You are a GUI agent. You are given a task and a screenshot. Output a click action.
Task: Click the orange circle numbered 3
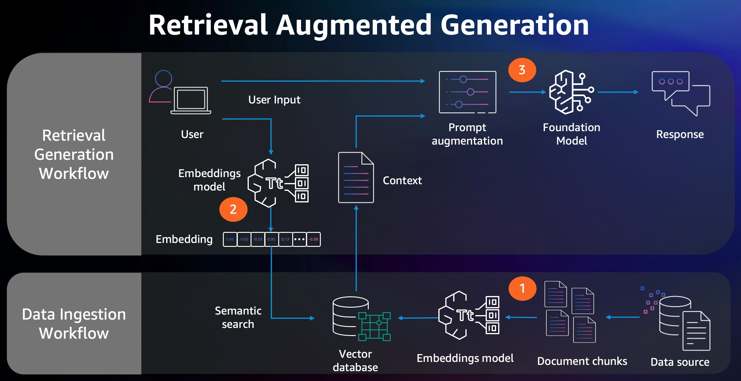tap(522, 70)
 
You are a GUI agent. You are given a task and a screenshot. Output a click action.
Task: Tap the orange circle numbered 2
tap(233, 209)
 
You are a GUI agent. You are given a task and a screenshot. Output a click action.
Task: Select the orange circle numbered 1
tap(522, 288)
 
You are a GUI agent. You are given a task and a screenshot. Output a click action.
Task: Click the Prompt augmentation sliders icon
tap(468, 92)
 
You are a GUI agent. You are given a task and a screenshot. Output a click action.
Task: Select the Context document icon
tap(356, 178)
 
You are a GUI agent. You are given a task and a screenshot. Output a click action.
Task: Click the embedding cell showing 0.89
tap(230, 239)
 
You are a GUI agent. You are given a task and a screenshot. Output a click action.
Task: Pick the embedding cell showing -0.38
tap(313, 239)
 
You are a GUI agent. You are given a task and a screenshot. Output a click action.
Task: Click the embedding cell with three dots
tap(299, 239)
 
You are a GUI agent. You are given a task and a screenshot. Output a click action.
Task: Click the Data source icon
tap(681, 322)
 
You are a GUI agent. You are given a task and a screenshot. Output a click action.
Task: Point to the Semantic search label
tap(238, 317)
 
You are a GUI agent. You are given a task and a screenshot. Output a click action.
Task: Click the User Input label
tap(274, 100)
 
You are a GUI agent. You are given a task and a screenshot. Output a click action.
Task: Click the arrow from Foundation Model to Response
tap(618, 92)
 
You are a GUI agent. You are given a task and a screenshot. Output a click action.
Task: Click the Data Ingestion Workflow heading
tap(74, 323)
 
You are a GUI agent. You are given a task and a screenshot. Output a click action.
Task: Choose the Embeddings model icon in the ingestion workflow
tap(468, 315)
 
